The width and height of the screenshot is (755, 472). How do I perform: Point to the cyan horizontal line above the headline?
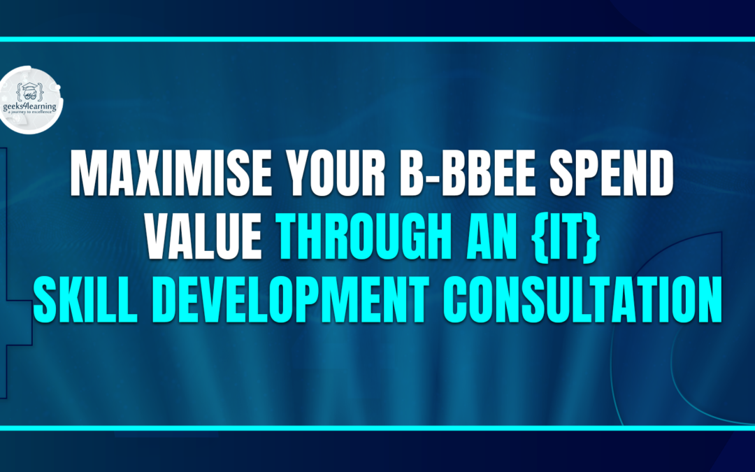[x=377, y=39]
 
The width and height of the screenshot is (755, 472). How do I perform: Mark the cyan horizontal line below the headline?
[x=377, y=427]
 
